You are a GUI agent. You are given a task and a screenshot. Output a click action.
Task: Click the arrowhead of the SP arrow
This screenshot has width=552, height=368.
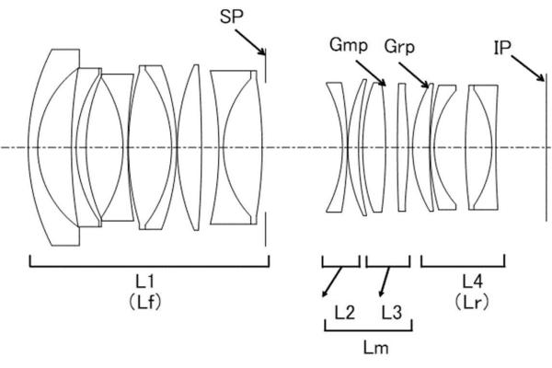click(264, 53)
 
